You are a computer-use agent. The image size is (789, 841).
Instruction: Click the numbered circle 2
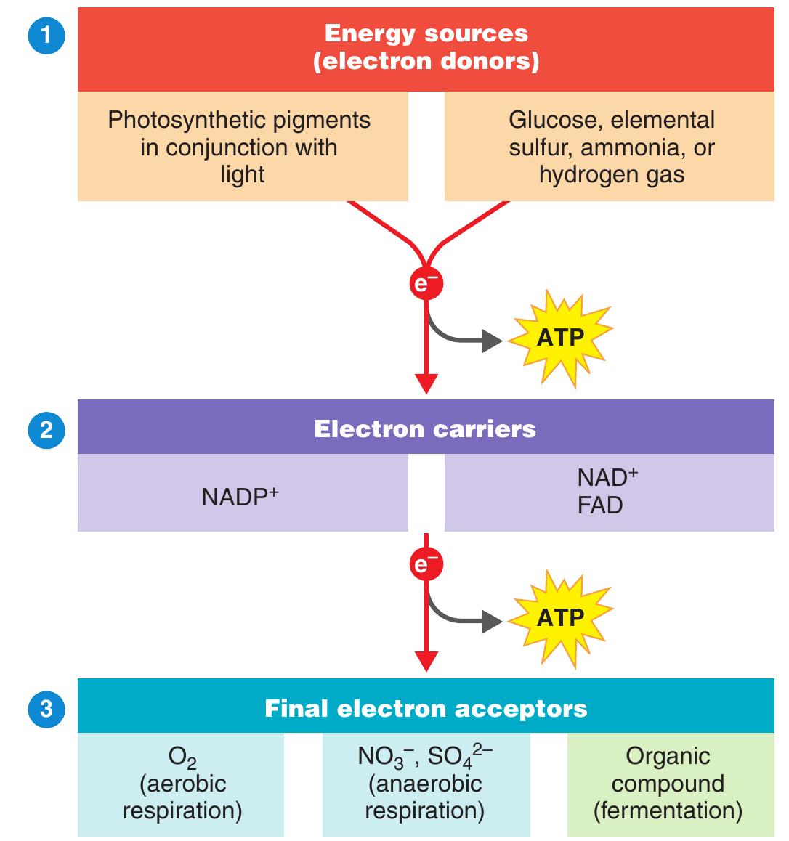click(46, 430)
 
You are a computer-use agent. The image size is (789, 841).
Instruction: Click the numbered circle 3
click(46, 708)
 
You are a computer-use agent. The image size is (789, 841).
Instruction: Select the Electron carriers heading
click(425, 428)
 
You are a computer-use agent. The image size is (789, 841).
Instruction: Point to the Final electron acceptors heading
click(426, 708)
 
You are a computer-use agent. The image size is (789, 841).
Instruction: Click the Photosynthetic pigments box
click(243, 147)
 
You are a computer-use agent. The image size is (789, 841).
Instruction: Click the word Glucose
click(556, 120)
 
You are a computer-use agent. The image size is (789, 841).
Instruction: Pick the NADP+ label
click(240, 497)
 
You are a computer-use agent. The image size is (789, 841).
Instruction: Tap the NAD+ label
click(607, 477)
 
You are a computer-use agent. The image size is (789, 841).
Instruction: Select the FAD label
click(600, 505)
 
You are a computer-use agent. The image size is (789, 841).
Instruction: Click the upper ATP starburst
click(560, 338)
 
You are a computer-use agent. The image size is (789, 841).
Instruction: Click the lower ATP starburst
click(560, 617)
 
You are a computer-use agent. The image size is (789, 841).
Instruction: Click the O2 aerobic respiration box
click(181, 784)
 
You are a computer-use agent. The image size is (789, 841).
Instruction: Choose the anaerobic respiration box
click(426, 784)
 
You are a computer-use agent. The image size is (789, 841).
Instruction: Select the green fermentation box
click(668, 784)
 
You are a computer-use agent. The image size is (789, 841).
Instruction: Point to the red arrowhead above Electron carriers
click(426, 383)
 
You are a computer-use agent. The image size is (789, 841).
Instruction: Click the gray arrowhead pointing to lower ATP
click(493, 622)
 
